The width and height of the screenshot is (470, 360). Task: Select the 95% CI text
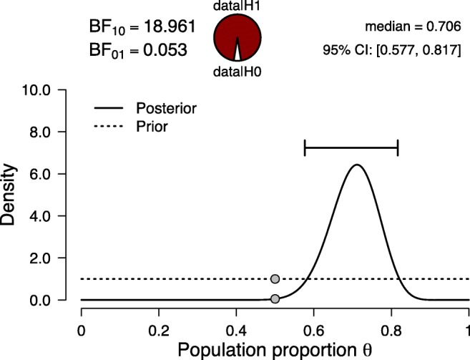(391, 52)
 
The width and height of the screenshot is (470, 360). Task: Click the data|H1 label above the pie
(237, 6)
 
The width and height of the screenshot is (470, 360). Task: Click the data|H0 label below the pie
(237, 72)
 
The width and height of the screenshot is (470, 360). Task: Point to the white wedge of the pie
(237, 54)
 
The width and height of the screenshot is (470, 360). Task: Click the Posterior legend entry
(165, 109)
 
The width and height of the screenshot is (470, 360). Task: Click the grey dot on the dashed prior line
(275, 279)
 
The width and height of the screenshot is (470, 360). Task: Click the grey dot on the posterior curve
(275, 298)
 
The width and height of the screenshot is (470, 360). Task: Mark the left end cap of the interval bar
(305, 148)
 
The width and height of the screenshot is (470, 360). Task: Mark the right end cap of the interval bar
(398, 148)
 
